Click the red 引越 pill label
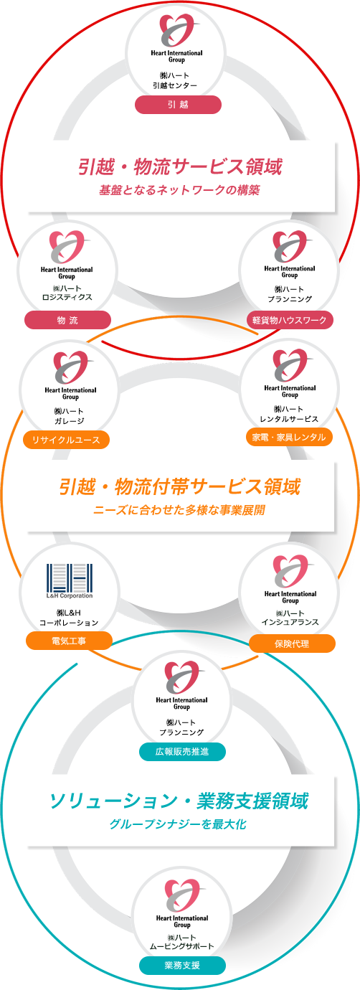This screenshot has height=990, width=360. pos(178,105)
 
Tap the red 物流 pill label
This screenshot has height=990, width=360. pos(67,320)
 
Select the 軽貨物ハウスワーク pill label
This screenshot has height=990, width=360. pos(290,320)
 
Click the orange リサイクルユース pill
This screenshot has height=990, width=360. pos(66,440)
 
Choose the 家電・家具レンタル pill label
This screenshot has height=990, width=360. pos(289,437)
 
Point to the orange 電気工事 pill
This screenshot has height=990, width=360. pos(70,641)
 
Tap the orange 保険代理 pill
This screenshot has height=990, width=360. pos(293,643)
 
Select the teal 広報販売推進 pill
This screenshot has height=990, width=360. pos(182,752)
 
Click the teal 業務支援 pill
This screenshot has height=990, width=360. pos(182,966)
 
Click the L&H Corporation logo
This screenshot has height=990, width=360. pos(70,581)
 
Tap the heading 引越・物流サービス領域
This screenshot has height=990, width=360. pos(180,166)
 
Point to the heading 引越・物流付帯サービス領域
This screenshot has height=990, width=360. pos(180,486)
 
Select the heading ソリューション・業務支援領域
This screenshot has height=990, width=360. pos(179,801)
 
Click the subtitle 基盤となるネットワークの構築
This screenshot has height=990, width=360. pos(179,190)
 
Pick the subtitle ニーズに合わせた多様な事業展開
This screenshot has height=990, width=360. pos(179,510)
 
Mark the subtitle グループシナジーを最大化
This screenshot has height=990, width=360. pos(178,824)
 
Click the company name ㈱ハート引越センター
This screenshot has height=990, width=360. pos(175,80)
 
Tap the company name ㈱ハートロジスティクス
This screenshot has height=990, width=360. pos(67,293)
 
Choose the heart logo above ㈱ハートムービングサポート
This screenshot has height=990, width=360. pos(182,895)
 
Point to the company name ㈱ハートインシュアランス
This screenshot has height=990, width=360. pos(290,618)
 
